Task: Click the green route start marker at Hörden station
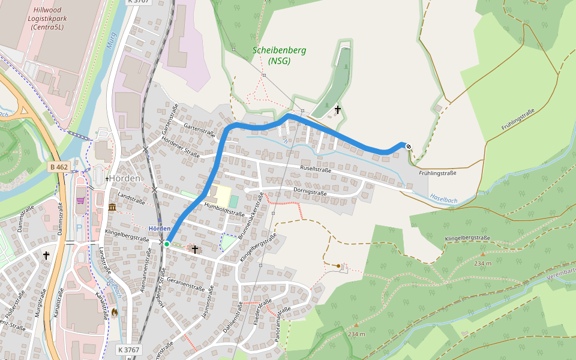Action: point(167,244)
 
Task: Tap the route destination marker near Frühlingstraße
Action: point(409,146)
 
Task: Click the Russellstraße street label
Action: point(316,169)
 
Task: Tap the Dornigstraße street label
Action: point(310,193)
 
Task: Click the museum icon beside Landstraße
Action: point(112,208)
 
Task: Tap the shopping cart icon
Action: point(80,200)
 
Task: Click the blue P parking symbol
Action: point(79,228)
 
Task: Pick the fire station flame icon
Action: point(114,312)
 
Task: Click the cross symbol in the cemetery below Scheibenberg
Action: point(338,110)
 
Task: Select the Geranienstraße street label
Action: point(187,283)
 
